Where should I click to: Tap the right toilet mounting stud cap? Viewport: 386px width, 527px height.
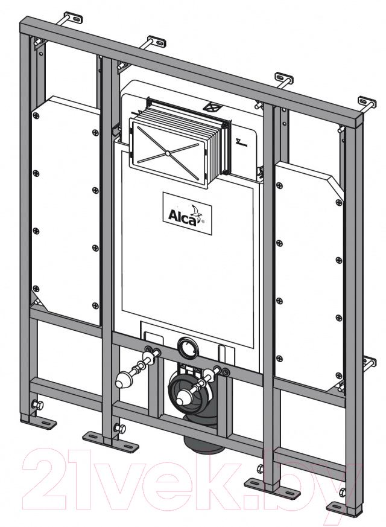click(183, 397)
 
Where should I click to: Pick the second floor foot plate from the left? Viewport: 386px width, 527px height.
click(110, 441)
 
